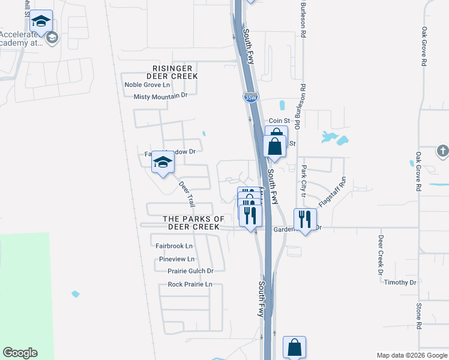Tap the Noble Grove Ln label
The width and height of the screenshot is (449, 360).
tap(148, 85)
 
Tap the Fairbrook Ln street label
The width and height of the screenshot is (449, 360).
tap(174, 246)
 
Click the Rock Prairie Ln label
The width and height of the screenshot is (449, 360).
tap(190, 284)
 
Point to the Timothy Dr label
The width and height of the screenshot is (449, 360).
tap(400, 283)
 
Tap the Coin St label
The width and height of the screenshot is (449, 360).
tap(279, 121)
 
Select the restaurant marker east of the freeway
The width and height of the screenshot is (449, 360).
tap(305, 220)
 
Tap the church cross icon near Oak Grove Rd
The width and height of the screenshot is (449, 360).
tap(442, 151)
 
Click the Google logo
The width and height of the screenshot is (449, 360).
tap(20, 353)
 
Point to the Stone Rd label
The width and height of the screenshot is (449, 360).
tap(419, 316)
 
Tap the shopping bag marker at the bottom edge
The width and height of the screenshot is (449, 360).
tap(294, 347)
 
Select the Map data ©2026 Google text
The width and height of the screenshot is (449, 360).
tap(412, 355)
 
